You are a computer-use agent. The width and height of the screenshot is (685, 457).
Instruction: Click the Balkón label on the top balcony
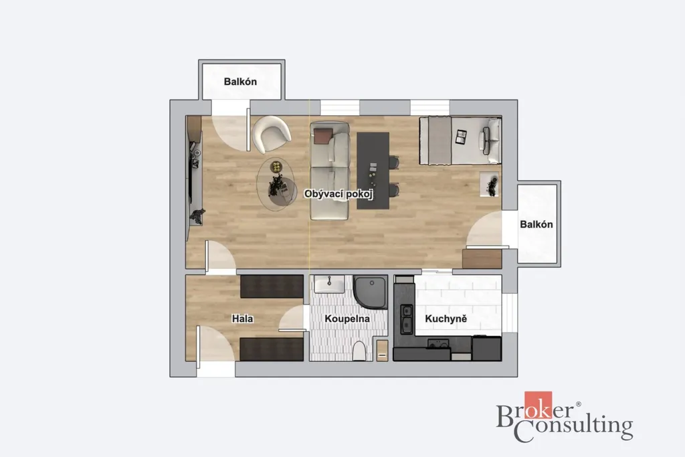pos(240,82)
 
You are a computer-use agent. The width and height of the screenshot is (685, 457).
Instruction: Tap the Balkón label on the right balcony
pos(536,225)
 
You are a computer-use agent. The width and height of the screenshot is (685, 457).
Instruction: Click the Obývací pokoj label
pos(338,193)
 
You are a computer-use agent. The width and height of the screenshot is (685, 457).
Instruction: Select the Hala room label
pos(242,319)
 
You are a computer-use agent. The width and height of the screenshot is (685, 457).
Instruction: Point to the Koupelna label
pos(347,319)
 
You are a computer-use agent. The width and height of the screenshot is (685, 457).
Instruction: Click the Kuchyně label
pos(446,319)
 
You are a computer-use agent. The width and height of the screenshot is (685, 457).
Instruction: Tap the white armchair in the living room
pos(272,134)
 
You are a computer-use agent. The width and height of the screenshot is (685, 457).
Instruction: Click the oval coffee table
pos(276,185)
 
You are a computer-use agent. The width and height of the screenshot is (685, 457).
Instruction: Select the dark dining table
pos(373,171)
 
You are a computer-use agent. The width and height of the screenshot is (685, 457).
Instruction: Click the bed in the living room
pos(460,141)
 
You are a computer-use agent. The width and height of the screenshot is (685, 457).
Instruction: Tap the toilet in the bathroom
pos(359,351)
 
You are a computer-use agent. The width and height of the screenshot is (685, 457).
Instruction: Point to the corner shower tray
pos(371,292)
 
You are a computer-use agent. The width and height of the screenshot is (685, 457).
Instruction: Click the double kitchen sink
pos(407,318)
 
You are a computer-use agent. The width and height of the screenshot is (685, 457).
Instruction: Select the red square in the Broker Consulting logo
pos(539,405)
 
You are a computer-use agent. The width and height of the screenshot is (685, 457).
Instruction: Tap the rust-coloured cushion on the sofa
pos(322,136)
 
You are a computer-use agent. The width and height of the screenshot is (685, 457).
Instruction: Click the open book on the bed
pos(461,136)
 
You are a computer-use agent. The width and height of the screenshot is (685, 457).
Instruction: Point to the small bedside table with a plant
pos(489,185)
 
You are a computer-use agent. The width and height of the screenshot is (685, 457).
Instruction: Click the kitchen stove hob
pos(438,345)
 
